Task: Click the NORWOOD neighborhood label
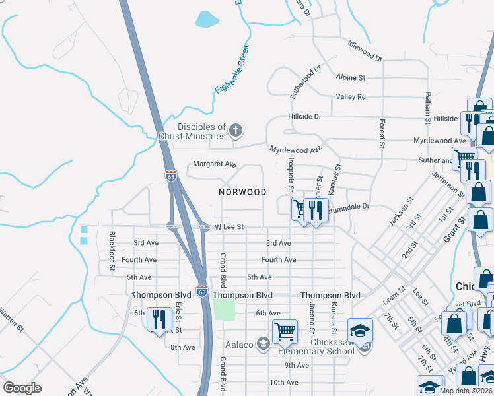[243, 192]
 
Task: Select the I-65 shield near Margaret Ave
[170, 175]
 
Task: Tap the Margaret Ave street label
[214, 164]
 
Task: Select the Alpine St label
[350, 77]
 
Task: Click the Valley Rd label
[350, 97]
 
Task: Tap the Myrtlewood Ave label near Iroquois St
[296, 150]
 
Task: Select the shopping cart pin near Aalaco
[284, 331]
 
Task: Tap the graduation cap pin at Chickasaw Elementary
[360, 330]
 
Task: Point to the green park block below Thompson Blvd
[225, 309]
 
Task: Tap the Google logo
[22, 389]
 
